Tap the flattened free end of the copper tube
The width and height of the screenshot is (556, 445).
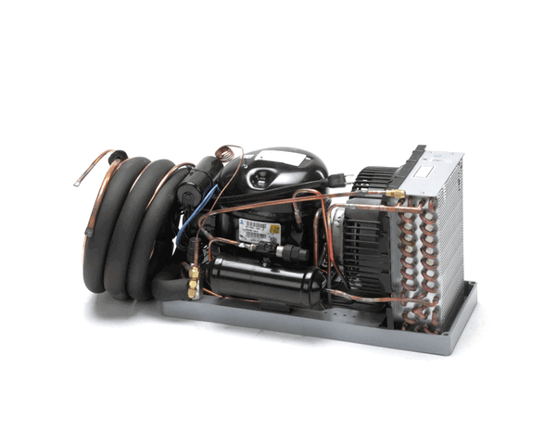tap(80, 182)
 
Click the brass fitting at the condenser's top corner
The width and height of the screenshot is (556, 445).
tap(397, 195)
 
